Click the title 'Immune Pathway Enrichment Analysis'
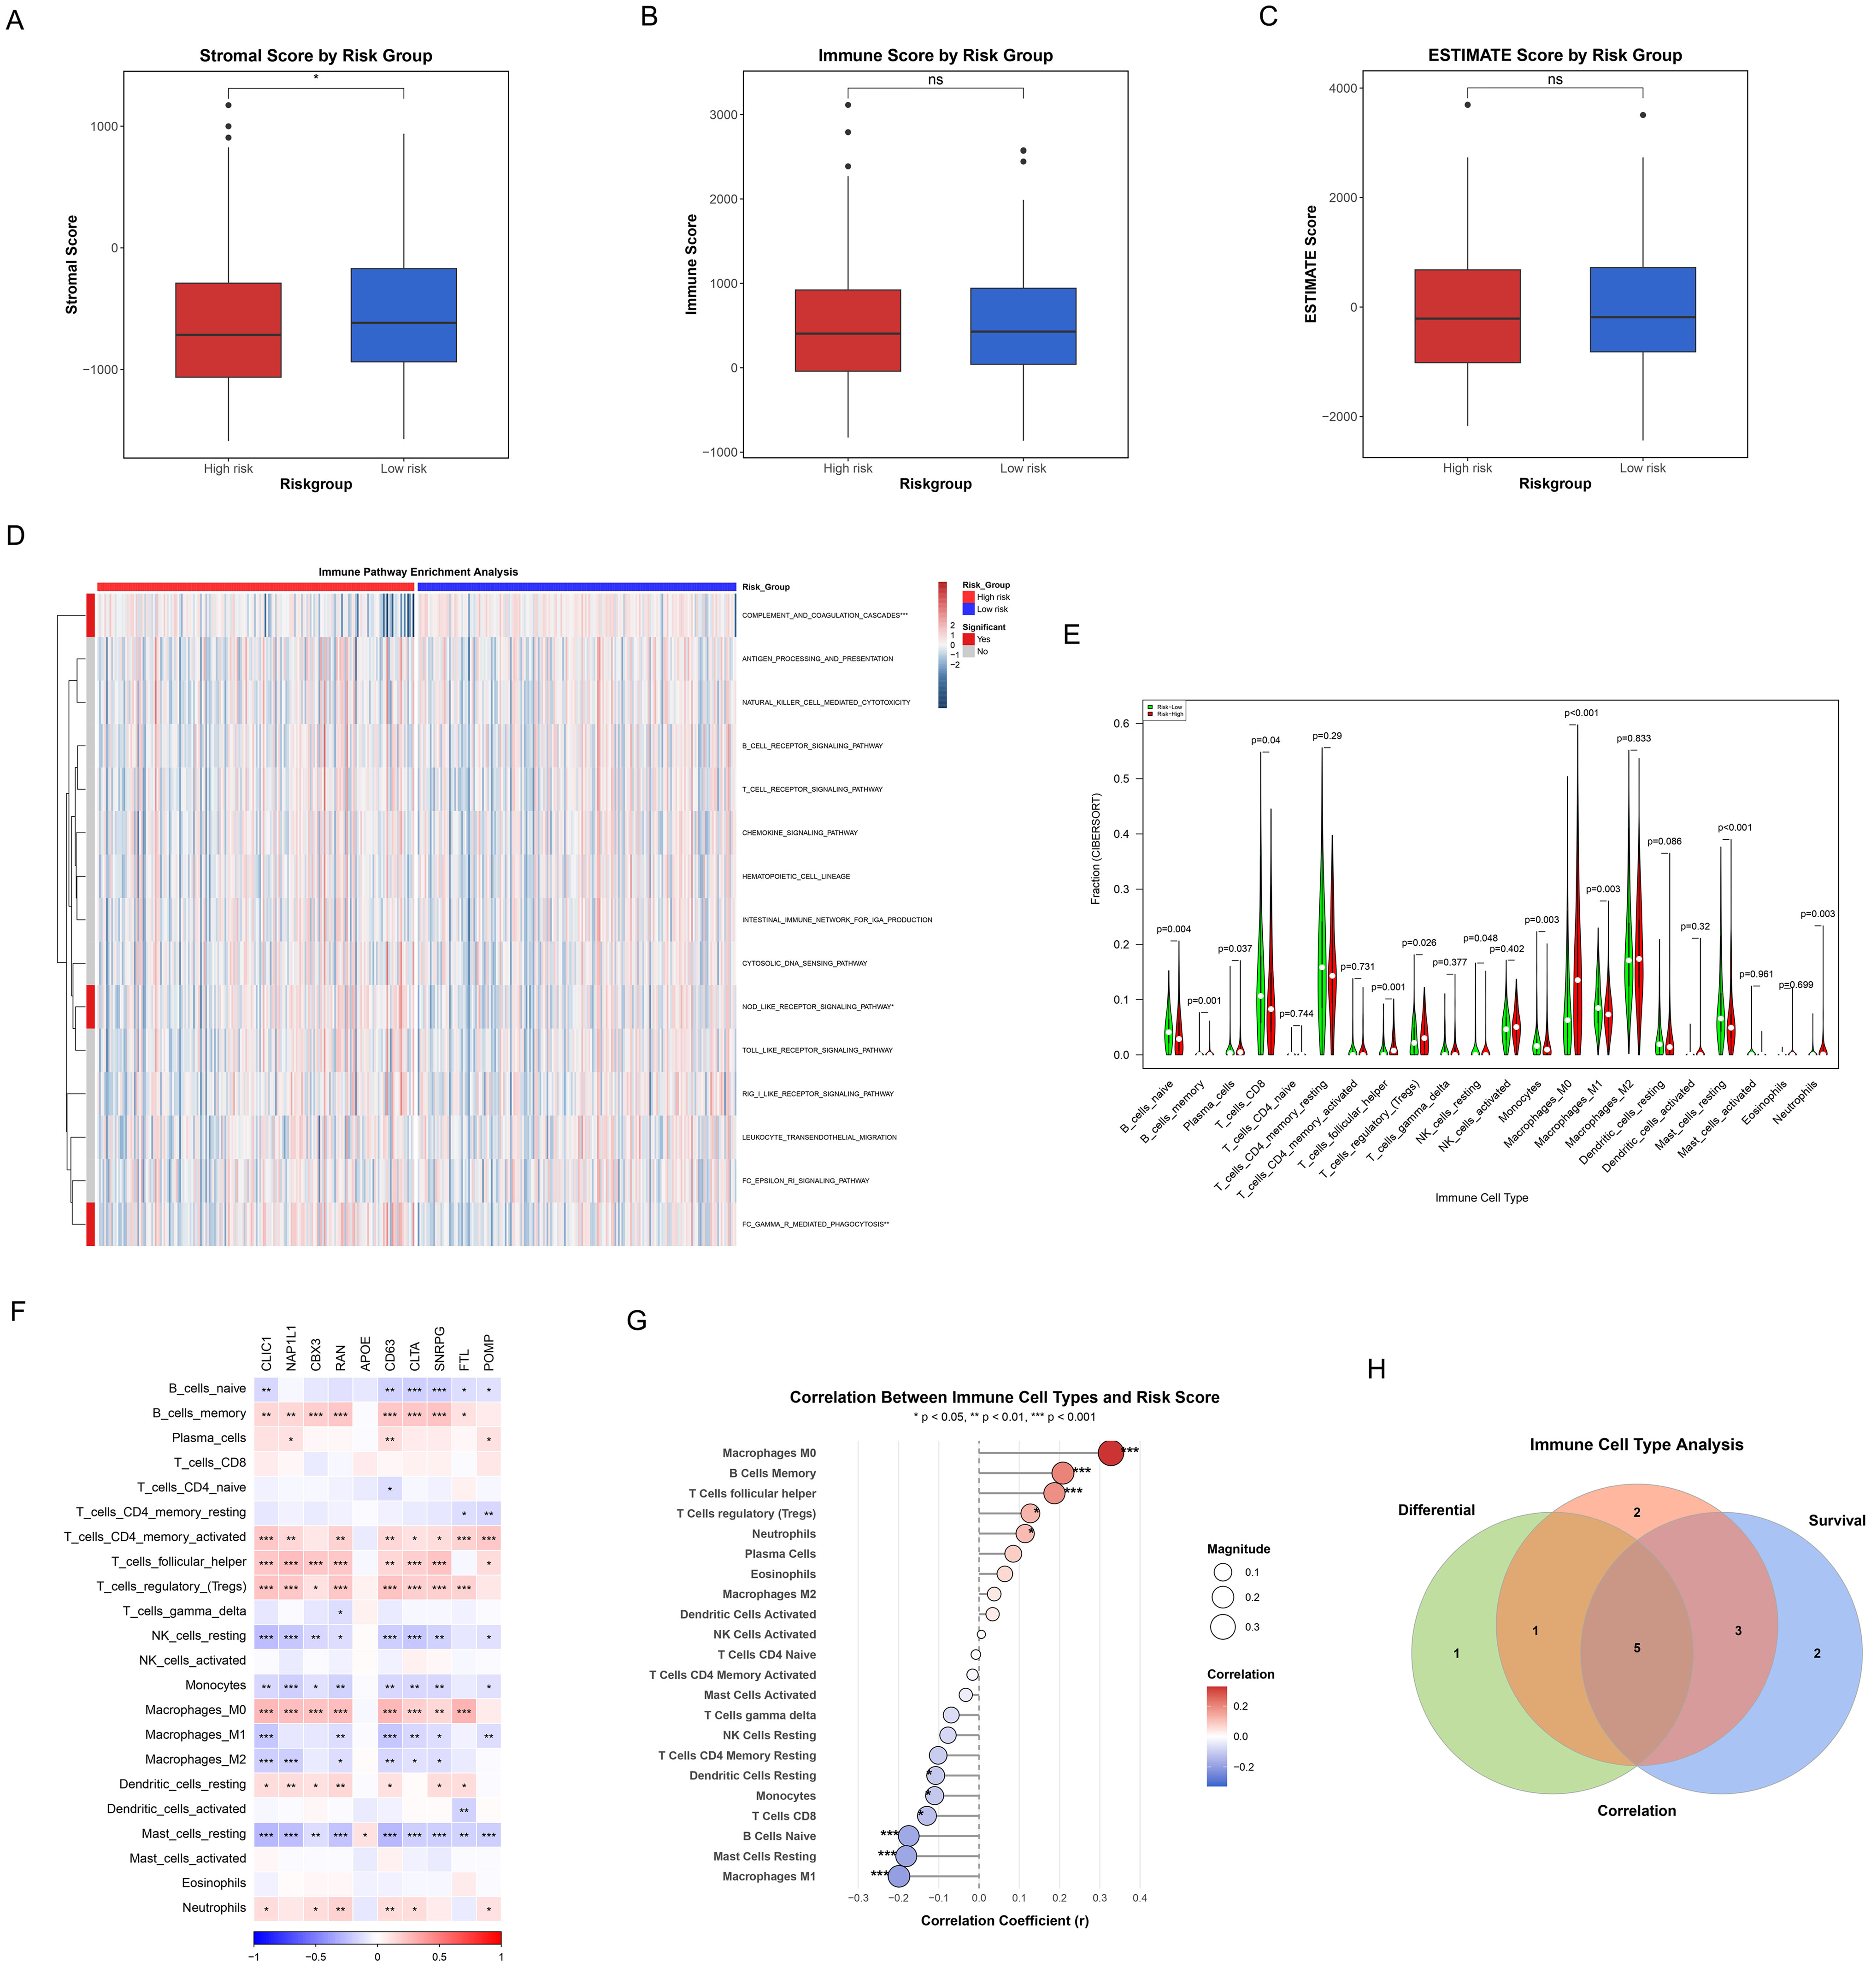[x=418, y=572]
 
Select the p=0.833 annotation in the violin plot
[x=1633, y=738]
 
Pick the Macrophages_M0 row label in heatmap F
[x=195, y=1709]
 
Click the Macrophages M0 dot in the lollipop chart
[x=1110, y=1452]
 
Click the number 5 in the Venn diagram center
[x=1636, y=1648]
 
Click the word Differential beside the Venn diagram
[x=1436, y=1510]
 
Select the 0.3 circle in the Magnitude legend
[x=1223, y=1627]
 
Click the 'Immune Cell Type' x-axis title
[x=1481, y=1198]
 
